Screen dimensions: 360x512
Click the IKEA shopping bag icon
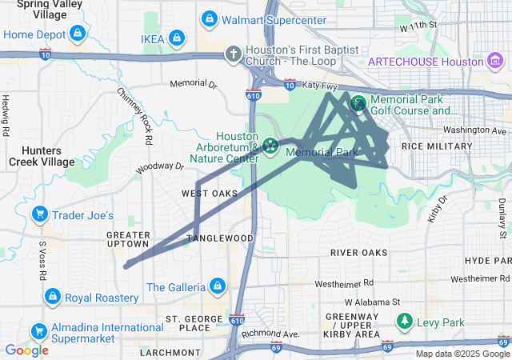pos(177,38)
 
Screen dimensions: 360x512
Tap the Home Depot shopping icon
pos(76,34)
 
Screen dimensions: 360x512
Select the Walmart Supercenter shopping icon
pos(209,18)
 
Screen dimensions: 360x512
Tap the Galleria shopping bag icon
pos(216,286)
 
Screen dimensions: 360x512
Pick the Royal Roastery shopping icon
pos(52,296)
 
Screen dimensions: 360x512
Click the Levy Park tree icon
pos(406,322)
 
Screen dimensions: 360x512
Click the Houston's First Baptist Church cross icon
pos(233,54)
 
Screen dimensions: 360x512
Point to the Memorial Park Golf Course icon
pos(358,102)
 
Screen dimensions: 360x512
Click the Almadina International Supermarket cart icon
pos(38,330)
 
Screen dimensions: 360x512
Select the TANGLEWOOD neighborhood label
pos(221,238)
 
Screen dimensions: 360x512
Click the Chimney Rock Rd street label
pos(134,116)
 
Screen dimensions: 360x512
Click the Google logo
pos(26,350)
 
